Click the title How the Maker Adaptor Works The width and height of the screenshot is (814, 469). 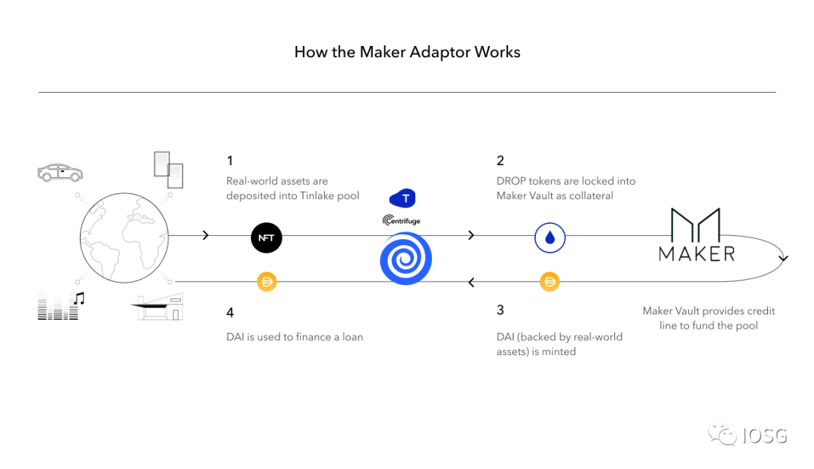pos(407,52)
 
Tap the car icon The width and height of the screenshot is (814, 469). pos(60,173)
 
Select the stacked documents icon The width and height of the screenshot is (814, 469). pos(169,170)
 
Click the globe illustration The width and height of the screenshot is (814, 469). pos(124,237)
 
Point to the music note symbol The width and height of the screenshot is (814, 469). pos(78,299)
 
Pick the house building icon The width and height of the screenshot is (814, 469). pos(161,305)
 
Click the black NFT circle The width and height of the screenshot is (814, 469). pos(266,237)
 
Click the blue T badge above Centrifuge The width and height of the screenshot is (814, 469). pos(402,198)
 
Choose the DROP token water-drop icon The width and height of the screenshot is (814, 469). pos(550,238)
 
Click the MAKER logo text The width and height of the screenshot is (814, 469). pos(696,253)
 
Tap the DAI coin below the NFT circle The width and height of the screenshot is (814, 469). pos(267,282)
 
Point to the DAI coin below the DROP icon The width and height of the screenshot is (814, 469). pos(550,282)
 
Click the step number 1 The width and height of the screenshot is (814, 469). pos(230,161)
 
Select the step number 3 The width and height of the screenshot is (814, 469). pos(500,310)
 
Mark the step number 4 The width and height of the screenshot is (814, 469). pos(231,312)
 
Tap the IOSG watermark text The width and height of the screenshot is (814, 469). pos(764,435)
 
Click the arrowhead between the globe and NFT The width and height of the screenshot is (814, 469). pos(207,236)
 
